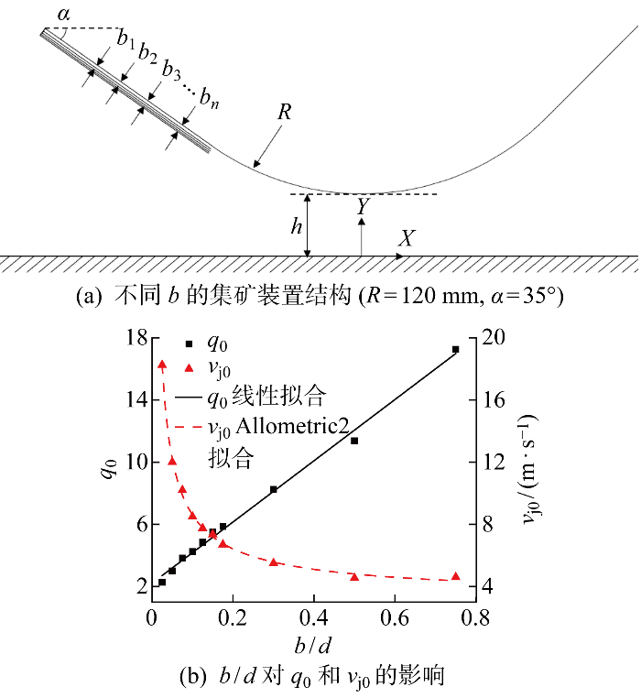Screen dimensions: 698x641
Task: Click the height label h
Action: click(296, 226)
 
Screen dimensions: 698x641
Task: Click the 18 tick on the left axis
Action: click(134, 337)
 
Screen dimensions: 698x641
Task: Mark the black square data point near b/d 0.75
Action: click(455, 350)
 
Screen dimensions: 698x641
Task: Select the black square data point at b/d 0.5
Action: click(354, 441)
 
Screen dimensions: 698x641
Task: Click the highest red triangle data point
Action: click(162, 365)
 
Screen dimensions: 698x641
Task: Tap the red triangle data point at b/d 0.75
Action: click(455, 576)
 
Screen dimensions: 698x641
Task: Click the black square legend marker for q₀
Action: click(190, 344)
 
